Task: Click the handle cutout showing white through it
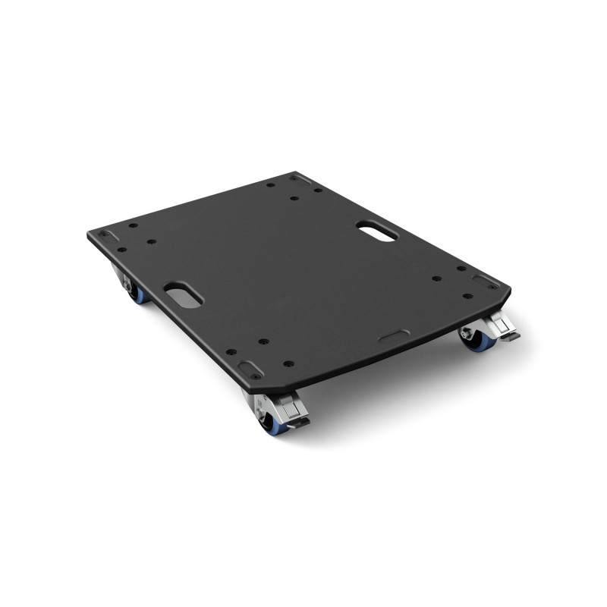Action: tap(377, 231)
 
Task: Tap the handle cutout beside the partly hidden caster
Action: tap(183, 294)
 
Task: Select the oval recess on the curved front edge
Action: tap(394, 335)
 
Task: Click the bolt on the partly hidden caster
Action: tap(128, 285)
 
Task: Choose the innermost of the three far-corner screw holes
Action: tap(295, 199)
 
